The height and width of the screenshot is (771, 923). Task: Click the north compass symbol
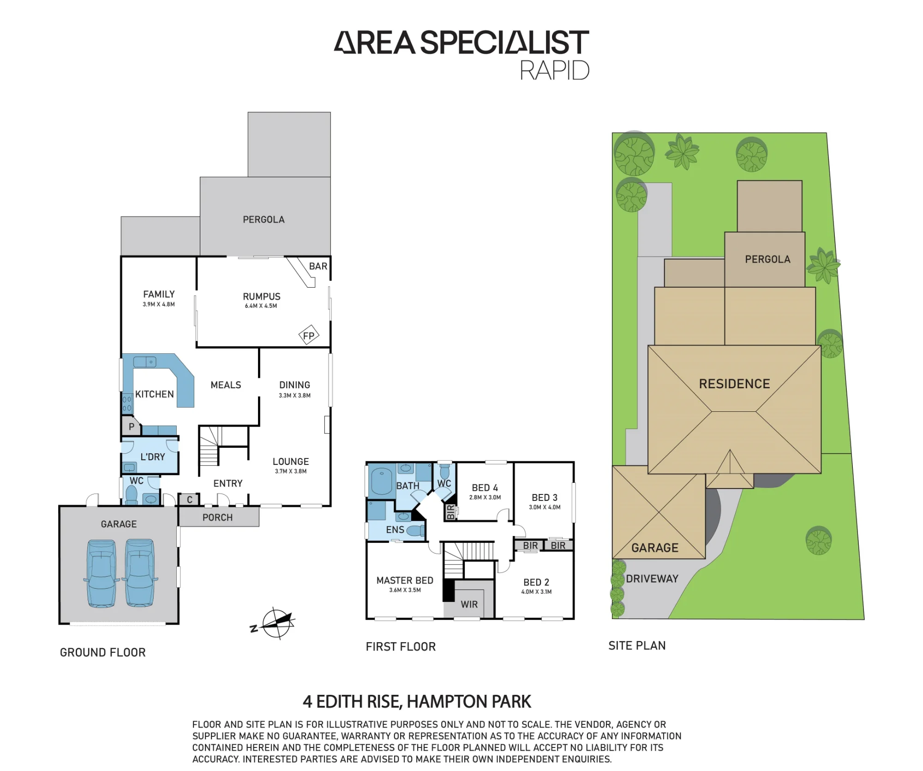coord(275,623)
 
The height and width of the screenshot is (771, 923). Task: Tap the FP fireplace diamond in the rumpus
coord(309,336)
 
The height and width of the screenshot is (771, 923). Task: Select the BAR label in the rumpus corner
coord(318,266)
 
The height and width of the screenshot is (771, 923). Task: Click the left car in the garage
coord(101,573)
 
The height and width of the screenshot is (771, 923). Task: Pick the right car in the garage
coord(140,573)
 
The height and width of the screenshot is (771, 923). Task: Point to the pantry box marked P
coord(131,426)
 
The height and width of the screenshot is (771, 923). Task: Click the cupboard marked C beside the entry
coord(189,500)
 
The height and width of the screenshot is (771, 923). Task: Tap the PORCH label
coord(217,518)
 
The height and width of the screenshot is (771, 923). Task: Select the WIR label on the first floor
coord(469,604)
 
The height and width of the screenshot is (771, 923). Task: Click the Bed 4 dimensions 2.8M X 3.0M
coord(485,497)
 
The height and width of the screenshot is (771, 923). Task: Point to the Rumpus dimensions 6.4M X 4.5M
coord(261,306)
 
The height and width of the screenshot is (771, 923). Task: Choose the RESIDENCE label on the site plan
coord(734,384)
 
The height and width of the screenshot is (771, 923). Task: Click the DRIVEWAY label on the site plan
coord(652,578)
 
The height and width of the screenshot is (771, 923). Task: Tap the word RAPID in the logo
coord(555,71)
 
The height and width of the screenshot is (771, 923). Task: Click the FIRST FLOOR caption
coord(401,646)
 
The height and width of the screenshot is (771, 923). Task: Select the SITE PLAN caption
coord(637,645)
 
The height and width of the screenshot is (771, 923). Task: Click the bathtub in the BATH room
coord(381,481)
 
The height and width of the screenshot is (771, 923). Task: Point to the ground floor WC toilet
coord(132,495)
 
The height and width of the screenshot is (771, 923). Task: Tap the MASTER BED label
coord(405,580)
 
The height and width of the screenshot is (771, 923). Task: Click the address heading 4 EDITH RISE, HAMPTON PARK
coord(417,702)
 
